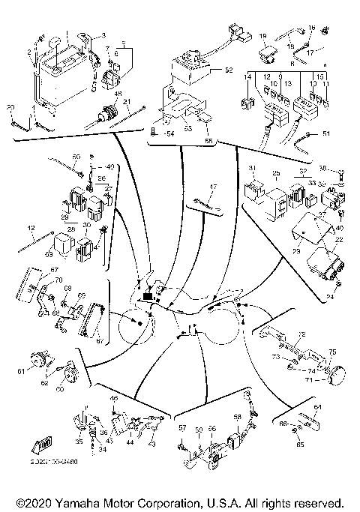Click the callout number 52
229,71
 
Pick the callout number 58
237,417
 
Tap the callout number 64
316,407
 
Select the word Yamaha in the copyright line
89,502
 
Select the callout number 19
262,35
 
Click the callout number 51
325,134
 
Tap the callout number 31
252,167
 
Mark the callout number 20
10,108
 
